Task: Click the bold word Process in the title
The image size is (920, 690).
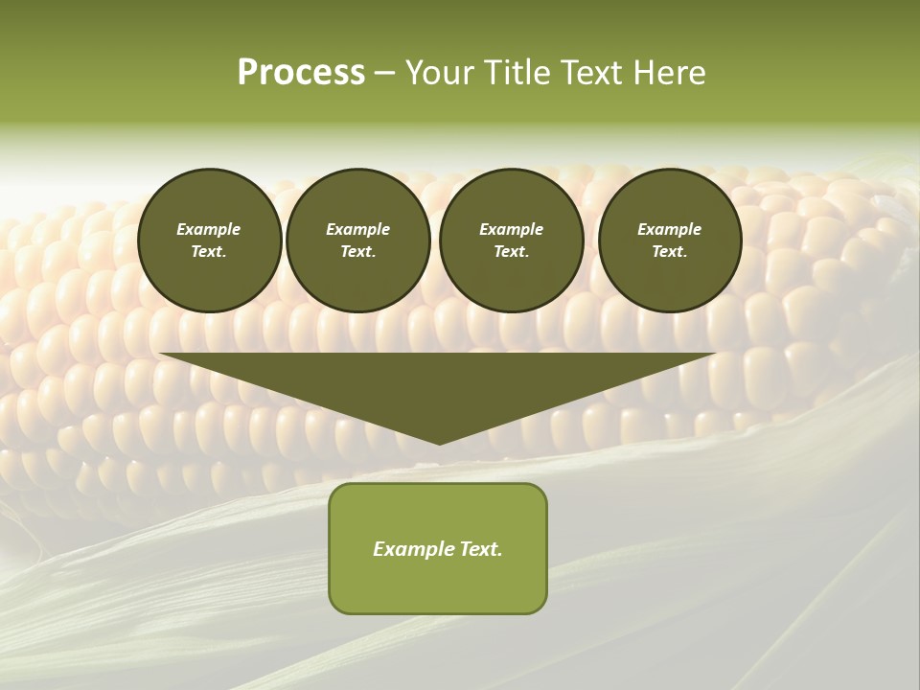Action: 301,73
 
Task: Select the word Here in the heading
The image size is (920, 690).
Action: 668,73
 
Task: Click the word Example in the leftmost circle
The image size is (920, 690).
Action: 209,229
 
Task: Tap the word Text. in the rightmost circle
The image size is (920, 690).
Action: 670,252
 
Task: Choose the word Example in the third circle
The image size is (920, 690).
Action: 511,229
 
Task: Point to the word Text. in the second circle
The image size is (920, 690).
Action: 358,252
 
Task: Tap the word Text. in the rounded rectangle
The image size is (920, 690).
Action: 480,549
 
